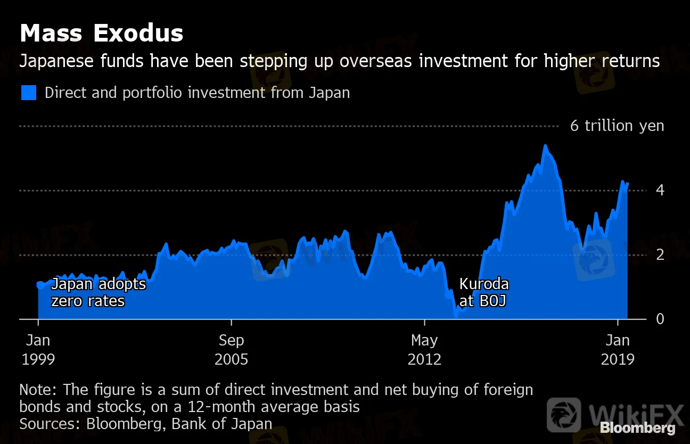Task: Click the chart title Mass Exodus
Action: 102,34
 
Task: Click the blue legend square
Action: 29,93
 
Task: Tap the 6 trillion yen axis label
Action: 617,126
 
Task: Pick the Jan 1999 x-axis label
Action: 38,349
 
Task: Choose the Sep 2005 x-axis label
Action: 232,349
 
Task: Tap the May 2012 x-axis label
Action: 425,349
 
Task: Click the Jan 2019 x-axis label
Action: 618,349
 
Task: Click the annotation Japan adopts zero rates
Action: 98,292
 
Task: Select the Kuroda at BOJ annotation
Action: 483,292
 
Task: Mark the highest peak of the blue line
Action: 545,145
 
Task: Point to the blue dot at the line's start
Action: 39,285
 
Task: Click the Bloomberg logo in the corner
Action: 638,427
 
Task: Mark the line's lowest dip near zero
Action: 456,316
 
